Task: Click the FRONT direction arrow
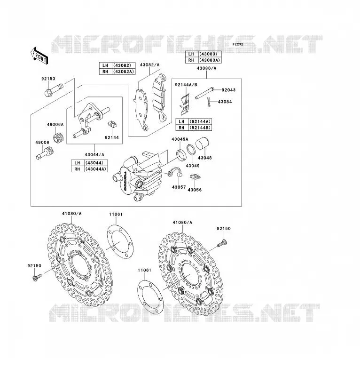click(x=39, y=56)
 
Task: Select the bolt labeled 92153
click(x=54, y=90)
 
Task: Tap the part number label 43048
click(x=204, y=158)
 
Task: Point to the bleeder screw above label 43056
click(x=195, y=177)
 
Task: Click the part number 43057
click(x=179, y=187)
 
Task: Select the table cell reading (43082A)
click(x=124, y=72)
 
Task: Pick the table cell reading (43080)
click(x=210, y=54)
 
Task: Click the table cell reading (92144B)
click(x=200, y=128)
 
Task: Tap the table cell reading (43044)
click(x=96, y=163)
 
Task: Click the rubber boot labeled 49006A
click(x=59, y=137)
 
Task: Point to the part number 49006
click(x=42, y=143)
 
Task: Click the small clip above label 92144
click(x=112, y=124)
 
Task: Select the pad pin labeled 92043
click(x=204, y=93)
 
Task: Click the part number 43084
click(x=225, y=102)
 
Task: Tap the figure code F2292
click(x=238, y=44)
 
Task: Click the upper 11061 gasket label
click(x=116, y=214)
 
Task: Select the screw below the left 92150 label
click(x=38, y=277)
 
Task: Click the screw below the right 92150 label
click(x=222, y=243)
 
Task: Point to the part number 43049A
click(x=180, y=139)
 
